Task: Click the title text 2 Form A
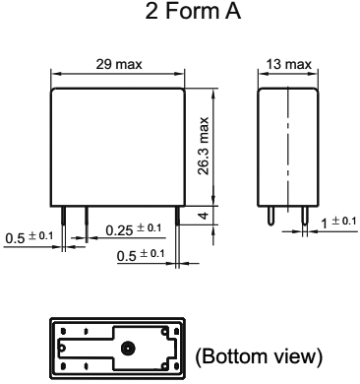[x=180, y=13]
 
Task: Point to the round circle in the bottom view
[x=128, y=347]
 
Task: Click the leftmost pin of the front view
[x=64, y=218]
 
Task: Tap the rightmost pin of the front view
[x=178, y=218]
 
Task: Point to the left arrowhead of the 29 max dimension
[x=55, y=74]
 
